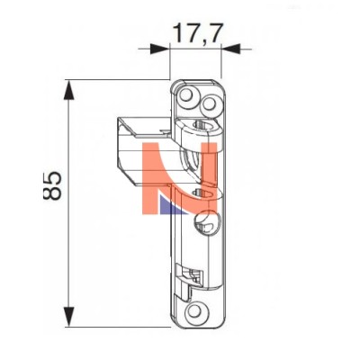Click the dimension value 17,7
(x=198, y=33)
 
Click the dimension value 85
(x=52, y=186)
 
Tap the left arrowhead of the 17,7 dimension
(x=159, y=49)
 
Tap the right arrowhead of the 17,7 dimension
(x=230, y=49)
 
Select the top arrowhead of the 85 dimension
(x=69, y=89)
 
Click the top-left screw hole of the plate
(x=187, y=94)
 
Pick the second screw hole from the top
(x=209, y=103)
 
